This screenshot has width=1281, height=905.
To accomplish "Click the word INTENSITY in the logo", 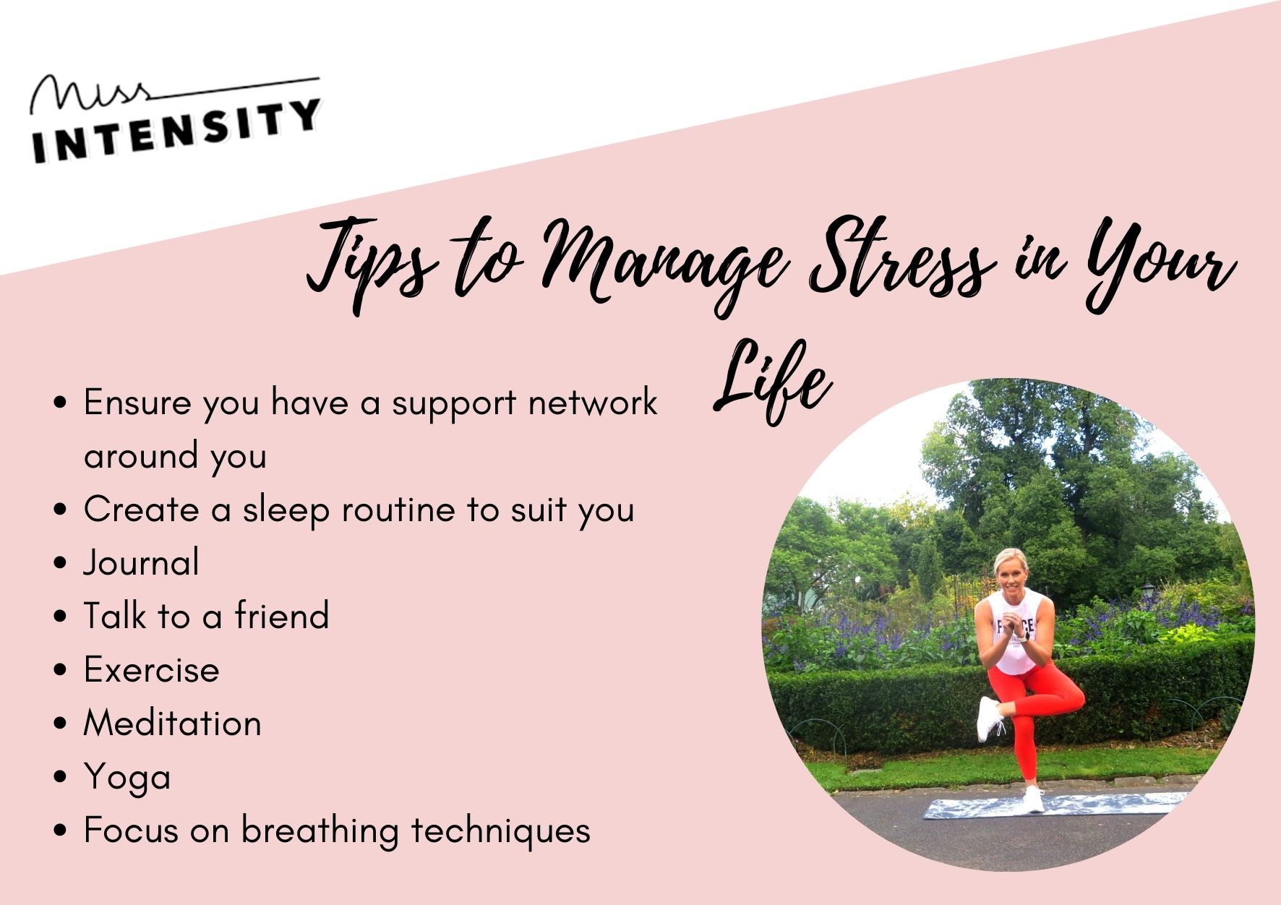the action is pos(176,130).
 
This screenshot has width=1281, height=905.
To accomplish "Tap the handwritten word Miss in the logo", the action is pos(90,95).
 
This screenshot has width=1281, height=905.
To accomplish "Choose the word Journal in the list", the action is pos(142,563).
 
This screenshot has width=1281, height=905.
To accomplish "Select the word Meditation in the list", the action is pos(173,723).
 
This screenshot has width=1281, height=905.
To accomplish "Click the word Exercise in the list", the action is pos(152,669).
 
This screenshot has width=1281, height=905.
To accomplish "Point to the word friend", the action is pos(282,616).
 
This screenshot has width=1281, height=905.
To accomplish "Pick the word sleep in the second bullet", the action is pos(286,511).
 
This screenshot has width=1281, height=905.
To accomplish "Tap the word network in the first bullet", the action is pos(593,403).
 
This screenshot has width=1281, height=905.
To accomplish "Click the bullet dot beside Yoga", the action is pos(61,777).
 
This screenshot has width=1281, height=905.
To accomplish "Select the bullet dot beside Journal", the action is pos(61,563).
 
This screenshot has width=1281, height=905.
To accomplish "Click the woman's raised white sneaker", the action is pos(988,719).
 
